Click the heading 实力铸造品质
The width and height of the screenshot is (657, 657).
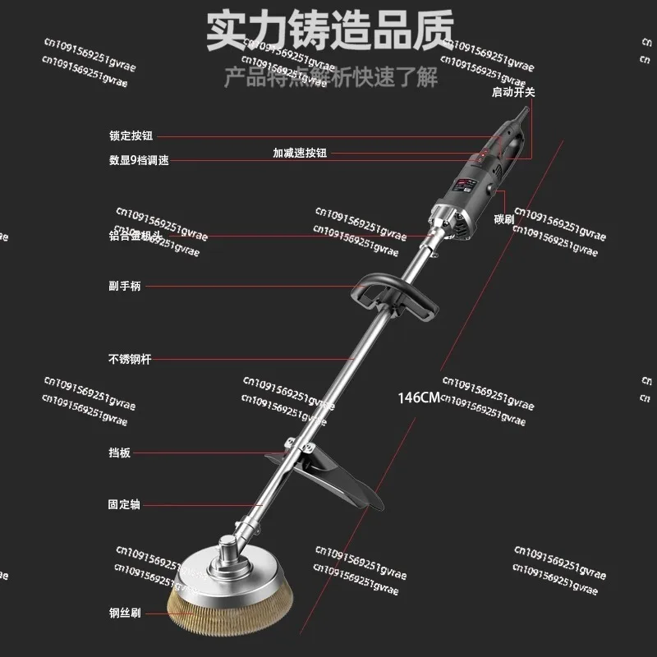328,31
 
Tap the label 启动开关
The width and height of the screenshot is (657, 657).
513,93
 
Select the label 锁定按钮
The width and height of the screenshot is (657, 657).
131,136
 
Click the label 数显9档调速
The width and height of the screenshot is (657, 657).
139,161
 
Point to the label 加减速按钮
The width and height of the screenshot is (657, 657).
300,153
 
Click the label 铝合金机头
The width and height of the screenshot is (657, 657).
136,237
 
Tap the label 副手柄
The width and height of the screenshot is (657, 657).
126,287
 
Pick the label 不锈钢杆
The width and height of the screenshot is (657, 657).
131,359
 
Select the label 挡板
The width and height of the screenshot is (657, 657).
120,453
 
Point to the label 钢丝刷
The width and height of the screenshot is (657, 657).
125,612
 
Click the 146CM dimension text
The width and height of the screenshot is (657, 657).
417,397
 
